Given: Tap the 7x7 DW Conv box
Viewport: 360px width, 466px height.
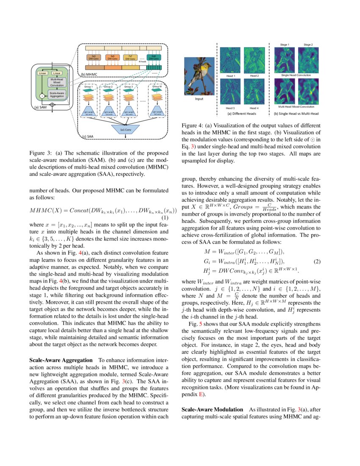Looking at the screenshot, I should tap(130, 57).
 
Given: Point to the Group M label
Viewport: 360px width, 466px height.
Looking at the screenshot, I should tap(156, 87).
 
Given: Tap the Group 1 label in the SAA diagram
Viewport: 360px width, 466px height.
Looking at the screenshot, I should tap(88, 87).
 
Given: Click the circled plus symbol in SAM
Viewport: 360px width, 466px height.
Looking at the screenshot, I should tap(52, 104).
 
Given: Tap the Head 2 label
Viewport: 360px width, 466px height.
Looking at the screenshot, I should tap(254, 75).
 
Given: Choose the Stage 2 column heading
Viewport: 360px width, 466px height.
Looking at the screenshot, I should tap(308, 44).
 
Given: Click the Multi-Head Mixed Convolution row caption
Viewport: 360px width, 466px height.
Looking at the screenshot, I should tap(296, 107).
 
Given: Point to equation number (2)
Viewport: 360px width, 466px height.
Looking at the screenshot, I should tap(316, 261).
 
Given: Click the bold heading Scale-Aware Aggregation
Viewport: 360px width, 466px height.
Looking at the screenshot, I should tap(61, 360).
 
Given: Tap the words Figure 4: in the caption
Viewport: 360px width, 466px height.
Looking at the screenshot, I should tap(193, 126).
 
